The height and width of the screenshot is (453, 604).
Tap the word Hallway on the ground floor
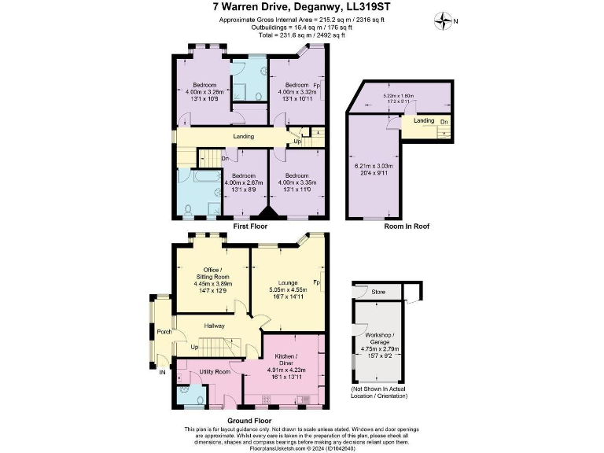click(x=215, y=326)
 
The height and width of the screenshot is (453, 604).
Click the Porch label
click(x=164, y=331)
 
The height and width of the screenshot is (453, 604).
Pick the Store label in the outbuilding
click(x=378, y=293)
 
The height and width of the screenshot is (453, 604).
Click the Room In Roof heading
click(x=406, y=226)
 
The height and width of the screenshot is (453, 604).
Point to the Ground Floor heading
click(x=251, y=421)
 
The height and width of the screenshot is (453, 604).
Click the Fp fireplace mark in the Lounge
click(x=315, y=282)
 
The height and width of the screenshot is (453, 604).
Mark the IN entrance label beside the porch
click(x=163, y=373)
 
